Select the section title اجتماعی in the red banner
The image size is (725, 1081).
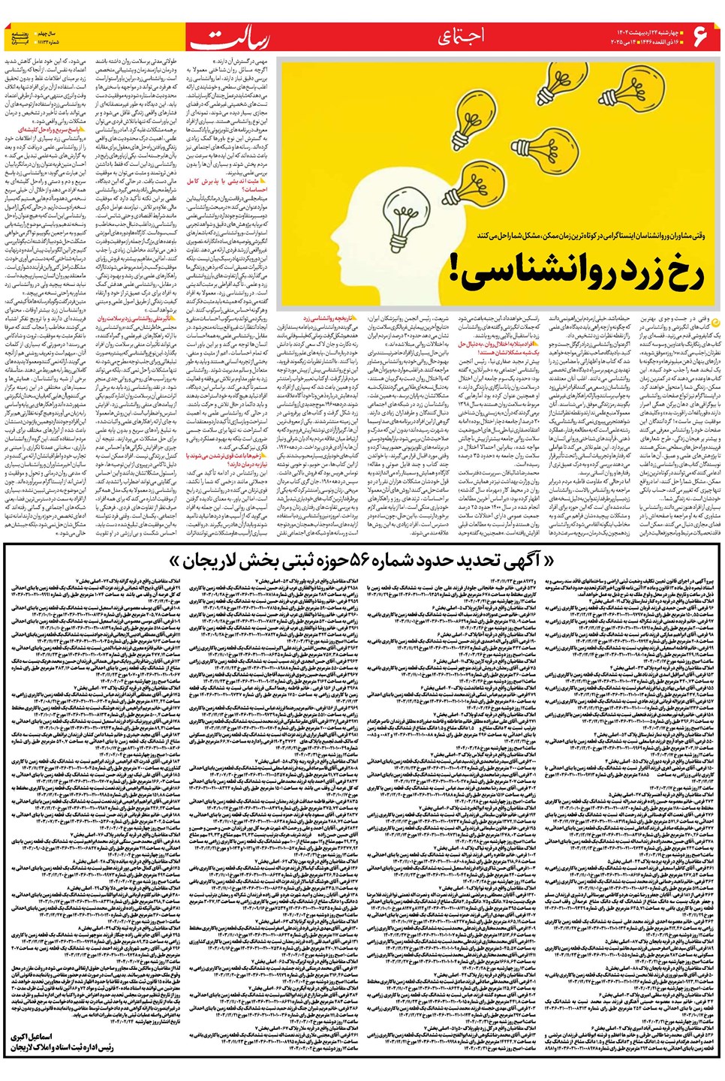459,36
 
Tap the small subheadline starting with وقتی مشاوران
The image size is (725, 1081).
591,235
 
